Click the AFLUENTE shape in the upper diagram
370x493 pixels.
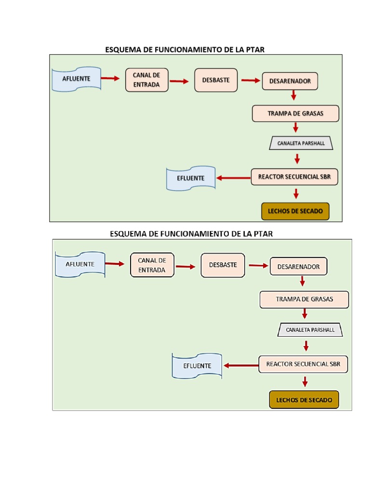(x=76, y=79)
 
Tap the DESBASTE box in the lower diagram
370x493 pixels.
(x=223, y=265)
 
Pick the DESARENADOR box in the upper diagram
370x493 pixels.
(x=290, y=81)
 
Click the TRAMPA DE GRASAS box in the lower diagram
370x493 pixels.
(x=304, y=299)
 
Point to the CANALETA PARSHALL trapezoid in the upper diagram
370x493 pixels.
(x=301, y=143)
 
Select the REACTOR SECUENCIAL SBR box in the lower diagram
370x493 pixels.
(x=303, y=364)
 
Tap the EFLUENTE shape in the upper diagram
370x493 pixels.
(x=190, y=179)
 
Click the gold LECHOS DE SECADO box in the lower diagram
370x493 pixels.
(x=304, y=400)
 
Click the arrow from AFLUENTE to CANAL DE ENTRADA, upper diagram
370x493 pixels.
(x=110, y=78)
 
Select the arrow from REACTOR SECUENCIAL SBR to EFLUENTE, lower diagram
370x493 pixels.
(x=240, y=365)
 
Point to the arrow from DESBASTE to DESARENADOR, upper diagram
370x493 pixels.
(x=250, y=80)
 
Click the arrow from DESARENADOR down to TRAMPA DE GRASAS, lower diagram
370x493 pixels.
(x=303, y=281)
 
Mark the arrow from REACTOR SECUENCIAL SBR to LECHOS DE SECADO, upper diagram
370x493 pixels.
(x=296, y=194)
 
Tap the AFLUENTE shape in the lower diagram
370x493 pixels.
(x=80, y=264)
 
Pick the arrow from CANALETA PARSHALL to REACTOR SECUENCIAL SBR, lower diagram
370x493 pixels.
(x=306, y=346)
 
